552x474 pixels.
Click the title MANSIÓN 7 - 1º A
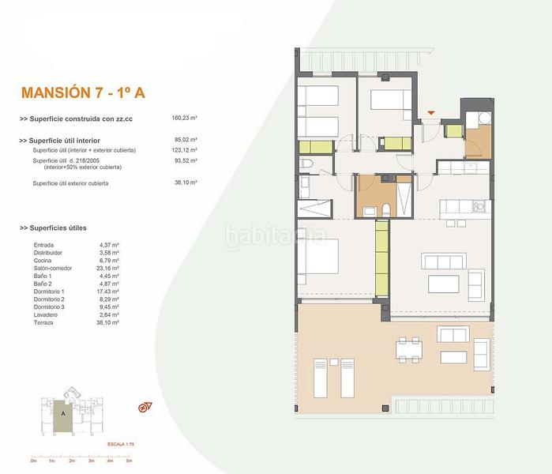click(83, 92)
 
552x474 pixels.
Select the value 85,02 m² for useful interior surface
click(184, 141)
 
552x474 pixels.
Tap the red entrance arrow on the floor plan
click(430, 114)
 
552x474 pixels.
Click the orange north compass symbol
click(145, 407)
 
